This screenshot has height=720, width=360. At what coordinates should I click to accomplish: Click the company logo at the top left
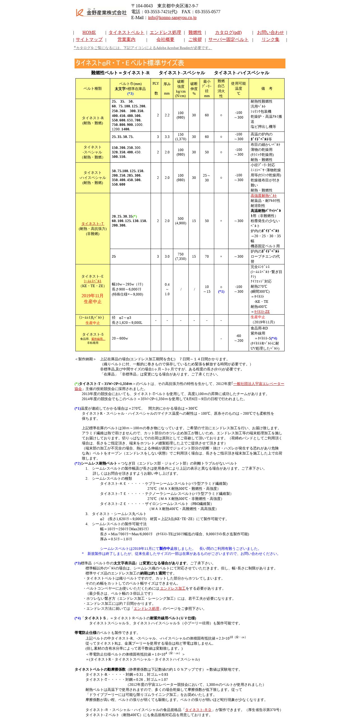[101, 12]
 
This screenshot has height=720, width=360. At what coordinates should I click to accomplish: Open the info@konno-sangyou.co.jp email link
[172, 18]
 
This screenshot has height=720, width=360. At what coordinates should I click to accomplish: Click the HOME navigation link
[89, 33]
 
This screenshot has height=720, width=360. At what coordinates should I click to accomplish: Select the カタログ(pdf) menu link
[228, 33]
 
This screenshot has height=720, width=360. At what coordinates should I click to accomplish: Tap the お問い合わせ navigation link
[270, 33]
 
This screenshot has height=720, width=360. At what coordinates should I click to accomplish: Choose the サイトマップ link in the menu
[89, 40]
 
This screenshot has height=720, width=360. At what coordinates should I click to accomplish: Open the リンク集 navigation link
[270, 40]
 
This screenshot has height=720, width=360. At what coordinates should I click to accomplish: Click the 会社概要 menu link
[165, 40]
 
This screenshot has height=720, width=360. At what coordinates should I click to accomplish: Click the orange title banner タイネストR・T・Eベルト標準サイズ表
[180, 63]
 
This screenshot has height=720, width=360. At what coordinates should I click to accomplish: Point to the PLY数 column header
[156, 89]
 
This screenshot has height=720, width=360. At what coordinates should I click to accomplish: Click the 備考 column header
[266, 89]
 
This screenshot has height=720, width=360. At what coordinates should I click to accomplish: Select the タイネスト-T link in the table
[93, 224]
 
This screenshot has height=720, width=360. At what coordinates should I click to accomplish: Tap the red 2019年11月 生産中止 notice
[93, 299]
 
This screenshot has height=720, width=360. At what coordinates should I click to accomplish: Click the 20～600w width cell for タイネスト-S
[120, 338]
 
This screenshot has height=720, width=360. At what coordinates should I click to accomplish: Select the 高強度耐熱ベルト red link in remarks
[264, 196]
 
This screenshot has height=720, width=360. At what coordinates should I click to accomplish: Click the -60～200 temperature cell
[238, 338]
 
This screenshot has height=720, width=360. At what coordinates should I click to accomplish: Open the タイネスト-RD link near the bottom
[199, 710]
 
